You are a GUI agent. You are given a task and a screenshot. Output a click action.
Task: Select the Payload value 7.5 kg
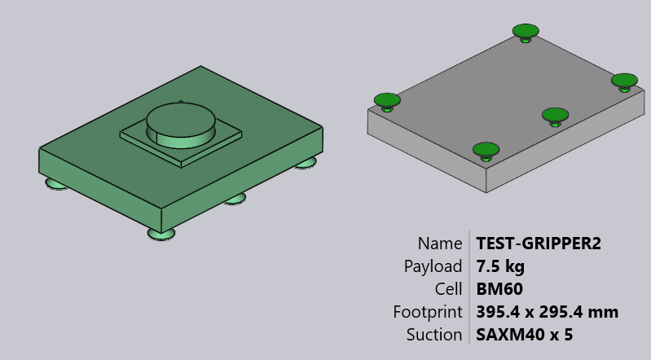(500, 266)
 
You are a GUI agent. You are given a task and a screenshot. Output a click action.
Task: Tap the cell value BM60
(499, 289)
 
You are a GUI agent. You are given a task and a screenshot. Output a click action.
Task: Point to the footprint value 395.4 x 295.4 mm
(547, 312)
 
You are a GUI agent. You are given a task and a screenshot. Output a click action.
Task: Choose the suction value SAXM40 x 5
(524, 335)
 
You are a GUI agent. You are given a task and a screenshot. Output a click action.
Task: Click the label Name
(440, 243)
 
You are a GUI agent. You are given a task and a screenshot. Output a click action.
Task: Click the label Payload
(433, 266)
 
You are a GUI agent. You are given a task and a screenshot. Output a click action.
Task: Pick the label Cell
(449, 289)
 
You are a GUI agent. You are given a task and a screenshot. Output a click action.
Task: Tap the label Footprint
(428, 312)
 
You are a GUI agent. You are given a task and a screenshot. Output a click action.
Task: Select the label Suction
(434, 335)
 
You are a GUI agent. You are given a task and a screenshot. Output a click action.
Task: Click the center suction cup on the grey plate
(555, 115)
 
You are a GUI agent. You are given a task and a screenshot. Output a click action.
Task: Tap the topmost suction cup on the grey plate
(526, 32)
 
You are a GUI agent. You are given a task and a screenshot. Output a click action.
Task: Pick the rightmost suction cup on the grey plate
(624, 81)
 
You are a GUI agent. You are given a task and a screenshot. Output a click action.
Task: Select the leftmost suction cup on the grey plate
(387, 100)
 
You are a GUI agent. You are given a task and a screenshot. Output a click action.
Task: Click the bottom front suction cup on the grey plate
(486, 149)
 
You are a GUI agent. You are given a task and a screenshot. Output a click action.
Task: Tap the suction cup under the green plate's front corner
(161, 234)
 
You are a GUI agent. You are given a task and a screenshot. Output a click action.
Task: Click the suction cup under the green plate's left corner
(55, 183)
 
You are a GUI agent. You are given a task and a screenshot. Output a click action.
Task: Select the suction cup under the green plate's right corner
(306, 164)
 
